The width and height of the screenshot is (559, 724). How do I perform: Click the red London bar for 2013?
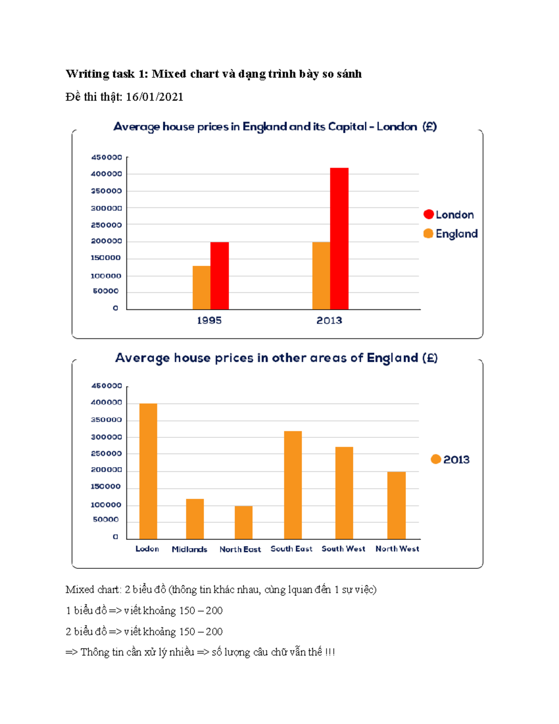pyautogui.click(x=339, y=238)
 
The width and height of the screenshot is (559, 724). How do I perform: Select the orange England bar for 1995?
pyautogui.click(x=201, y=287)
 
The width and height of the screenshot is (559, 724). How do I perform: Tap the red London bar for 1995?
pyautogui.click(x=219, y=276)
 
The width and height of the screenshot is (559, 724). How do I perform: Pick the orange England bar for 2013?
pyautogui.click(x=321, y=276)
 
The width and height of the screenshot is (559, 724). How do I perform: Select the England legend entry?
pyautogui.click(x=450, y=234)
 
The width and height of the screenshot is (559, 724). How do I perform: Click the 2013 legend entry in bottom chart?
pyautogui.click(x=450, y=460)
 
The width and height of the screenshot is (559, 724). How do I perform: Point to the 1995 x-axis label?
pyautogui.click(x=209, y=321)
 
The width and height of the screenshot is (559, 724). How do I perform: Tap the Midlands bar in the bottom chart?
pyautogui.click(x=195, y=519)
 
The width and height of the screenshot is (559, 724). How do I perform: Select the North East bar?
pyautogui.click(x=244, y=522)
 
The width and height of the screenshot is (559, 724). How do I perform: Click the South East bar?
pyautogui.click(x=293, y=485)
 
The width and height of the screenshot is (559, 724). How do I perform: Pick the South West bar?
pyautogui.click(x=344, y=493)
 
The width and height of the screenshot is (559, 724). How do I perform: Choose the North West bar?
pyautogui.click(x=396, y=505)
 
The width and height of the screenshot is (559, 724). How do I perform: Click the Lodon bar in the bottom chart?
pyautogui.click(x=148, y=471)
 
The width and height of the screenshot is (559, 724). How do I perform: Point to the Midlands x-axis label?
pyautogui.click(x=189, y=549)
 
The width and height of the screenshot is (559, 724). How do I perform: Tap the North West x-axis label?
pyautogui.click(x=397, y=549)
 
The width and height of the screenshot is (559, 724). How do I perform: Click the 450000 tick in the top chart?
pyautogui.click(x=107, y=158)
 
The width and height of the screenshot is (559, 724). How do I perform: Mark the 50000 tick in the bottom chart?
pyautogui.click(x=106, y=519)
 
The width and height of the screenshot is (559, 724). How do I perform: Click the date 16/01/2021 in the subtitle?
pyautogui.click(x=155, y=97)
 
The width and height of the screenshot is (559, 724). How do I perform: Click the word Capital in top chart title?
pyautogui.click(x=347, y=127)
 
